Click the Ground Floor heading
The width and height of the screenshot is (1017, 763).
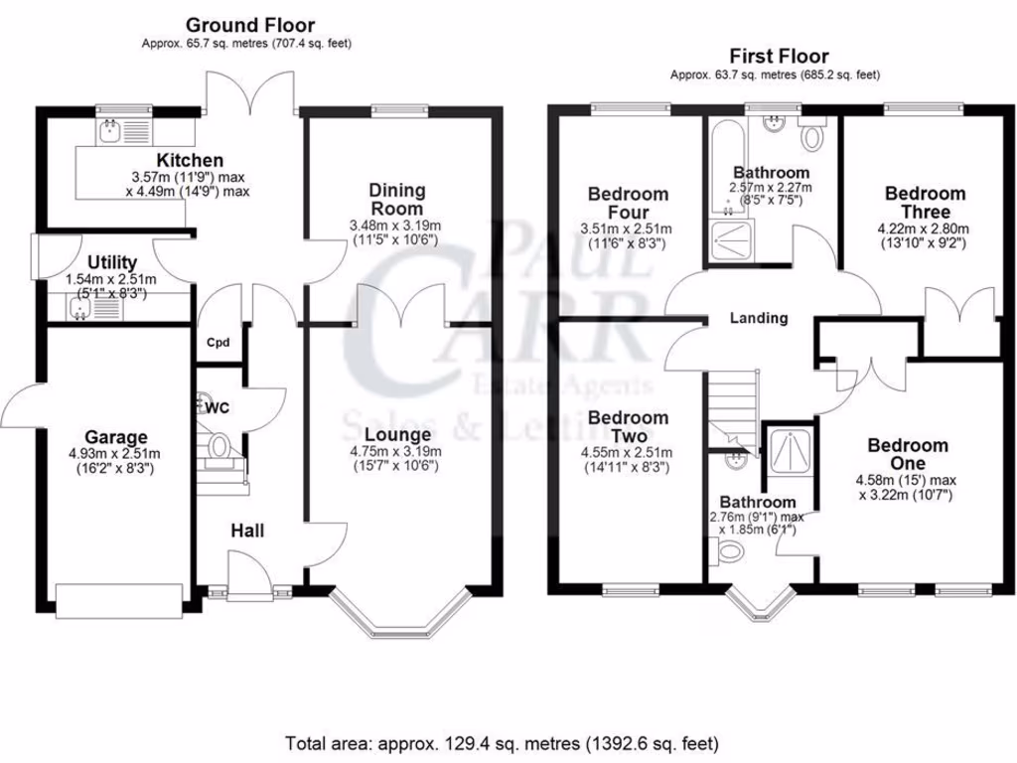249,25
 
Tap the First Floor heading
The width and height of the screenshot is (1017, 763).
779,56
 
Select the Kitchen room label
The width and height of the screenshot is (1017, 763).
189,160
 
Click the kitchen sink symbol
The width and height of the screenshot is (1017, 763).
110,130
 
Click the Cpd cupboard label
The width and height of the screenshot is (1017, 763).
218,343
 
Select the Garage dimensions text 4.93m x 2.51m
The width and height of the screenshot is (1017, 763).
115,455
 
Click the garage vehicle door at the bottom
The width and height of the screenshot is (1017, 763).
118,600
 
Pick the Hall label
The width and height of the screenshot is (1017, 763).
247,532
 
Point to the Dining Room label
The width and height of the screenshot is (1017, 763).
396,199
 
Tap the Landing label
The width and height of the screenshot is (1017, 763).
759,318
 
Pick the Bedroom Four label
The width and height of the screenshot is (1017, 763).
628,203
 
